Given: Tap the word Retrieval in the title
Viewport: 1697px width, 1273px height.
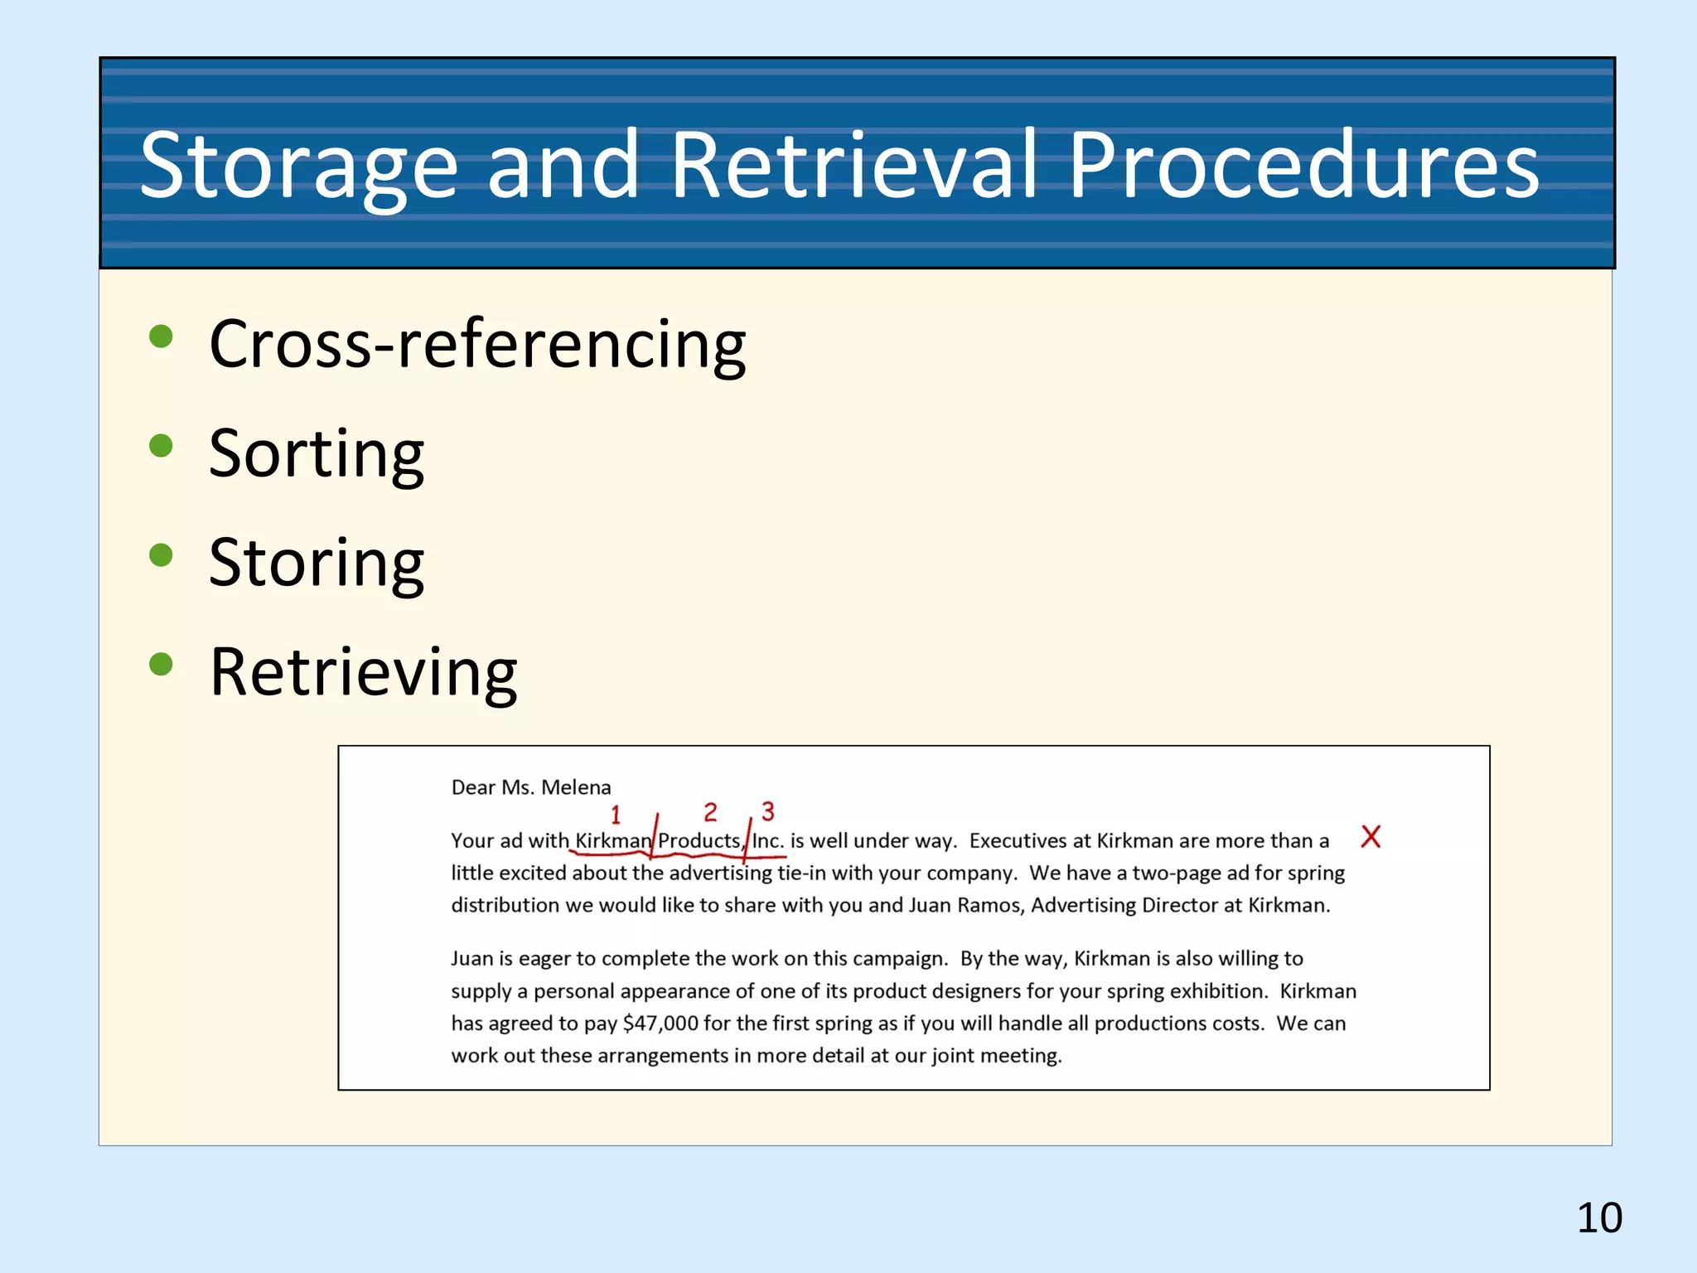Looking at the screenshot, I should point(853,166).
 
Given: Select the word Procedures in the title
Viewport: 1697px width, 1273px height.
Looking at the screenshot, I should point(1303,166).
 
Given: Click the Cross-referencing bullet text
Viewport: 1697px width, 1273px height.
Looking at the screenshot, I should point(477,344).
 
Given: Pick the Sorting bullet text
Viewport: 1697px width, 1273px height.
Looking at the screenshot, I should point(317,453).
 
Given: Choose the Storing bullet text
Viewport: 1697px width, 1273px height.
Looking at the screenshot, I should point(317,563).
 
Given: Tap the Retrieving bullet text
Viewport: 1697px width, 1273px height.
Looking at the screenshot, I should point(363,672).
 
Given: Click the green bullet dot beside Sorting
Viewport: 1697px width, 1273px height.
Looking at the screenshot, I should point(161,446).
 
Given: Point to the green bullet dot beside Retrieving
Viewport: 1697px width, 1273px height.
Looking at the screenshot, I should point(161,664).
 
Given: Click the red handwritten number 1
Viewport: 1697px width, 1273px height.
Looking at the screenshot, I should point(616,815).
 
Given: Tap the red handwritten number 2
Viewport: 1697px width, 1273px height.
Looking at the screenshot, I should point(710,811).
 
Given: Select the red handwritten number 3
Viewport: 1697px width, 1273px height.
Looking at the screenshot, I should point(768,811).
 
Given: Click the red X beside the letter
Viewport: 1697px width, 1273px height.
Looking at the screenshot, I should point(1371,836).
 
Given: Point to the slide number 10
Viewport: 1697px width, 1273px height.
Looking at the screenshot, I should point(1599,1218).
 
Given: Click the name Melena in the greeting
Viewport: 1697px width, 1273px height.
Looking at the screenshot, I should point(576,787).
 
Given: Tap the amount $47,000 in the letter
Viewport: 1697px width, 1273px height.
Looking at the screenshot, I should point(660,1024).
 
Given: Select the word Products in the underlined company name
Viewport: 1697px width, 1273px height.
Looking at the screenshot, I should point(699,841).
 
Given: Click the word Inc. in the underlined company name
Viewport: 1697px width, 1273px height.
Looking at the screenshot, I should point(767,841).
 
